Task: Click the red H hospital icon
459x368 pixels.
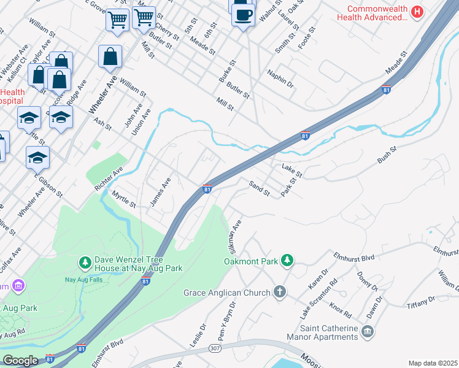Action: pyautogui.click(x=417, y=11)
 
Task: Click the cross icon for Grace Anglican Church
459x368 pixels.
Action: pyautogui.click(x=280, y=292)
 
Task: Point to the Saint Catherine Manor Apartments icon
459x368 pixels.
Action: pyautogui.click(x=367, y=332)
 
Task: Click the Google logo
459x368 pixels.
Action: pyautogui.click(x=20, y=361)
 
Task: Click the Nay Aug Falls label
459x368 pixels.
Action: pyautogui.click(x=84, y=280)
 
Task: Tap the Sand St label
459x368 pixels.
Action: pyautogui.click(x=259, y=188)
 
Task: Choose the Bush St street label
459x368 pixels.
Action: pyautogui.click(x=388, y=153)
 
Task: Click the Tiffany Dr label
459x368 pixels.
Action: pyautogui.click(x=423, y=299)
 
